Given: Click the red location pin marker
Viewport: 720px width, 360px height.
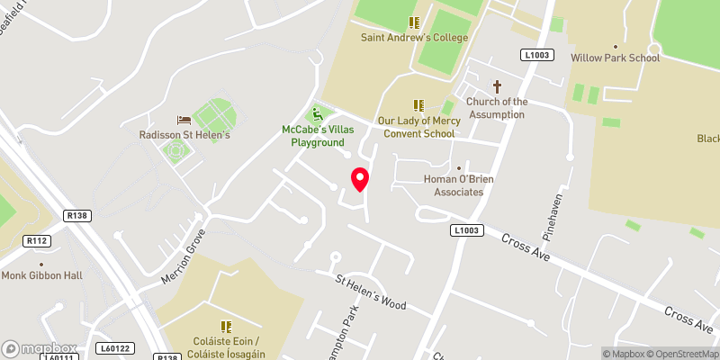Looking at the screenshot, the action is pos(360,179).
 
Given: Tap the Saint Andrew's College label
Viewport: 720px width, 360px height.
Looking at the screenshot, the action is pos(414,38).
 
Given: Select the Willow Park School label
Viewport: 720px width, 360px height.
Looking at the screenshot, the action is pos(615,58).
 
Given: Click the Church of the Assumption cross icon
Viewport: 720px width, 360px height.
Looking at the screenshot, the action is pos(497,86).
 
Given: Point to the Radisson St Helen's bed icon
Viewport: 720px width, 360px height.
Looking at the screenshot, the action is pos(184,120).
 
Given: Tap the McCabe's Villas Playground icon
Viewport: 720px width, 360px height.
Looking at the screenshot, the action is pos(316,114).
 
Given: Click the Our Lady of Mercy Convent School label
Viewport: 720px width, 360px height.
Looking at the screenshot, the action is pos(417,127).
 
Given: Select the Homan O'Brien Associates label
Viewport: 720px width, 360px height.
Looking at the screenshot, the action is pos(459,185).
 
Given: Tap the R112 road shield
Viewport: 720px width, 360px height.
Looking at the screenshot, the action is pos(37,240).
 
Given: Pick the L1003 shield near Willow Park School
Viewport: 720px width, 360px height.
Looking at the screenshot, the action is pos(535,55).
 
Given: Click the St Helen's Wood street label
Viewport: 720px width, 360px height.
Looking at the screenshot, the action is pos(371,292).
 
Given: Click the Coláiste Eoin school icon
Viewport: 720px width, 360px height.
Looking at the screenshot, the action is pos(226,327).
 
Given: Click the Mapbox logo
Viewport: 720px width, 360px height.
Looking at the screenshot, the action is pos(39,348).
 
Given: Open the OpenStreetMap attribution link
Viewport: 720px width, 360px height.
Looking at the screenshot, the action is pos(681,354).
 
